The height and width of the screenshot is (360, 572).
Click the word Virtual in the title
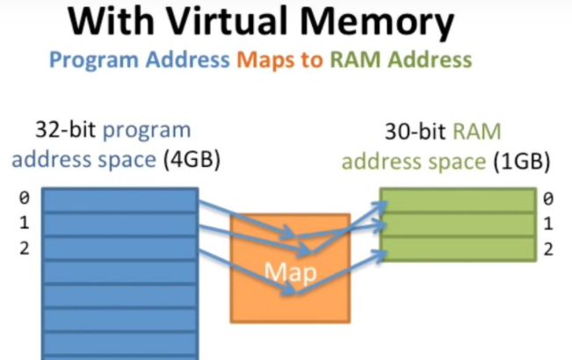(254, 22)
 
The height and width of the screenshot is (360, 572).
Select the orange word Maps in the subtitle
(267, 61)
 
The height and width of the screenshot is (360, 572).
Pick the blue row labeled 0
(119, 199)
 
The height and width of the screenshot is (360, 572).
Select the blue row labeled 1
(119, 223)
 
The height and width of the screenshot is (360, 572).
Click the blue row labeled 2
(119, 248)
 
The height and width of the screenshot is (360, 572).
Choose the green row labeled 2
(457, 248)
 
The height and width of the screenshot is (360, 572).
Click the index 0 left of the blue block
(24, 198)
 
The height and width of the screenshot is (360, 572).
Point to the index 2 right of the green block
(547, 249)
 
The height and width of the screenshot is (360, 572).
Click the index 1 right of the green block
(547, 224)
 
